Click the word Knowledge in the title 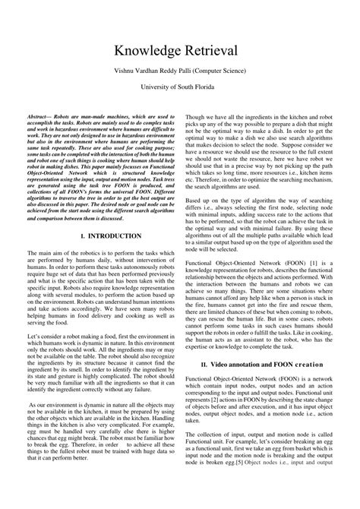tap(150, 50)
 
